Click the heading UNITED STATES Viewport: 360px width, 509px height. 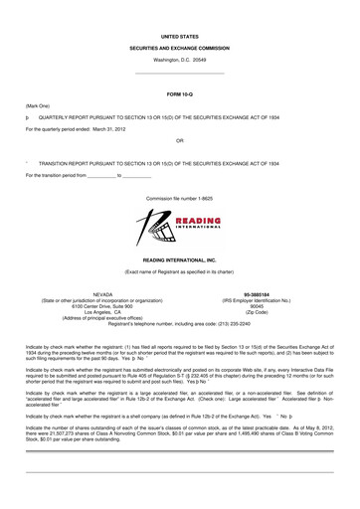180,33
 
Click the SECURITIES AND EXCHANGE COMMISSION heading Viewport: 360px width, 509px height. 180,47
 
